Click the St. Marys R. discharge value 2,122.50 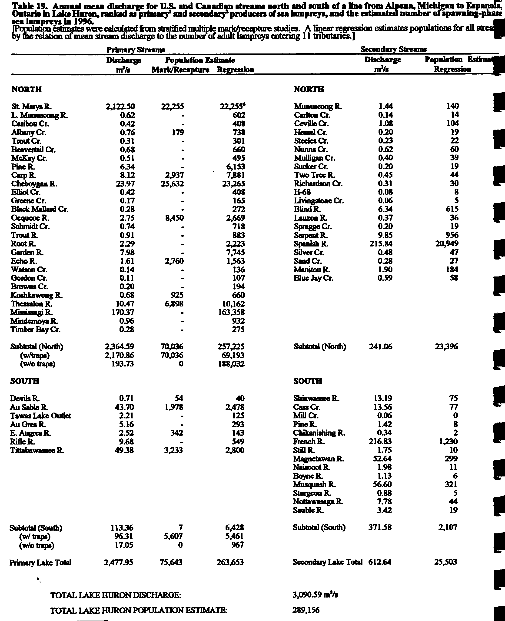pyautogui.click(x=120, y=107)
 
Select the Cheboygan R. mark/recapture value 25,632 pyautogui.click(x=172, y=184)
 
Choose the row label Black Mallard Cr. pyautogui.click(x=40, y=210)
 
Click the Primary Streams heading pyautogui.click(x=136, y=50)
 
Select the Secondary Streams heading pyautogui.click(x=393, y=49)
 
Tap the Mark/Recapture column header pyautogui.click(x=180, y=70)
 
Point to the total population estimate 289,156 pyautogui.click(x=306, y=610)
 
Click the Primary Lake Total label pyautogui.click(x=40, y=563)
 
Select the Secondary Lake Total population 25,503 pyautogui.click(x=445, y=562)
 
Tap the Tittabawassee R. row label pyautogui.click(x=37, y=450)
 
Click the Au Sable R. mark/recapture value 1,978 pyautogui.click(x=174, y=407)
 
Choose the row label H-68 pyautogui.click(x=302, y=192)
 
